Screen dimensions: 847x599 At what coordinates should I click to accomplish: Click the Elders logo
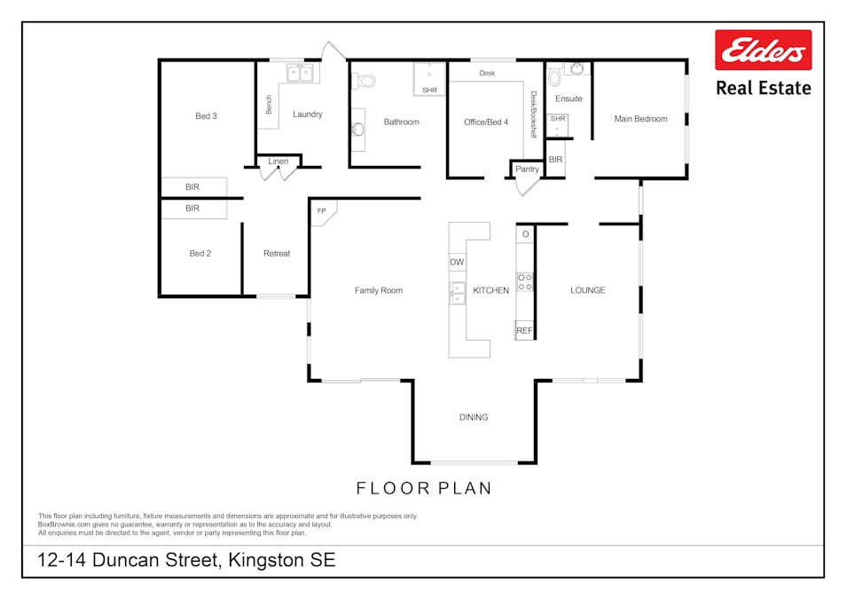click(763, 51)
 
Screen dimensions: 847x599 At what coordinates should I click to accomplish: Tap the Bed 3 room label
click(206, 115)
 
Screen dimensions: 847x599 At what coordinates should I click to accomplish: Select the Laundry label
click(308, 114)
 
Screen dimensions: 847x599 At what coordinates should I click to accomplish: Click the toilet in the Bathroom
click(365, 81)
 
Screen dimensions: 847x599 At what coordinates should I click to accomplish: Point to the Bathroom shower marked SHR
click(429, 80)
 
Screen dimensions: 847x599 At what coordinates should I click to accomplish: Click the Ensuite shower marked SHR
click(558, 125)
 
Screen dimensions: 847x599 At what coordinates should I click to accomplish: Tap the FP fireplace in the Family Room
click(324, 212)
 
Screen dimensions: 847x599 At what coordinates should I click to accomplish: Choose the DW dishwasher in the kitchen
click(457, 262)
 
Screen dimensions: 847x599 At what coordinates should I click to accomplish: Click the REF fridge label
click(524, 330)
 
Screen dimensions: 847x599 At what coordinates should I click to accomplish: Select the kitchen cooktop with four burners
click(524, 282)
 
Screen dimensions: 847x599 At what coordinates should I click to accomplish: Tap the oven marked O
click(525, 234)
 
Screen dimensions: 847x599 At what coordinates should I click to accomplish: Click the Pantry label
click(527, 169)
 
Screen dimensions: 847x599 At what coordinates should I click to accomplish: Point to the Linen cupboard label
click(278, 162)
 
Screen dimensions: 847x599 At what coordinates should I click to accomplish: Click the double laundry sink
click(300, 73)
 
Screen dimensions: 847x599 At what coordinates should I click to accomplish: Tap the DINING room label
click(474, 417)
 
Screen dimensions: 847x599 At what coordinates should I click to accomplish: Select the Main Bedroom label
click(640, 119)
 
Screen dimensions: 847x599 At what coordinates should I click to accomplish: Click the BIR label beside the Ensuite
click(555, 160)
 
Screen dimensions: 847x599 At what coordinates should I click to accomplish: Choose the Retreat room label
click(277, 253)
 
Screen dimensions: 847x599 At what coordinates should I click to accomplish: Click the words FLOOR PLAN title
click(424, 488)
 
